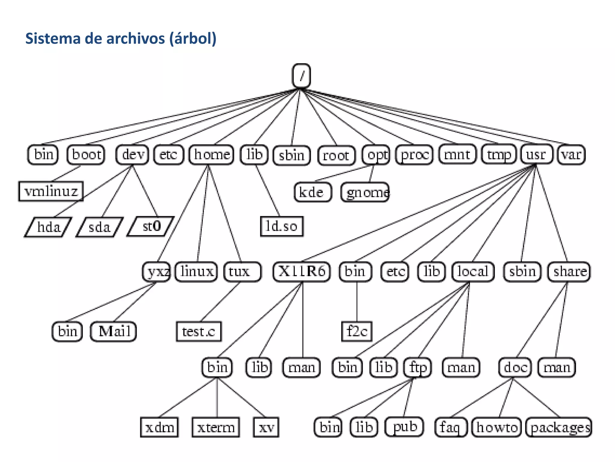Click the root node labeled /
pos(301,76)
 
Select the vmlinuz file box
pos(51,191)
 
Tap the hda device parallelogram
pos(48,227)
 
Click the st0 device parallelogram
pos(151,226)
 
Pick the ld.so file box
pos(282,226)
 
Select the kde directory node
pos(312,192)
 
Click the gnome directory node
pos(365,192)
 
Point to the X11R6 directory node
pos(301,271)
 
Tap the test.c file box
pos(199,331)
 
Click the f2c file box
pos(357,331)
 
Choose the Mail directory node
pos(114,331)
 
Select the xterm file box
pos(216,427)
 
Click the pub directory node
pos(404,427)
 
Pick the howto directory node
pos(497,427)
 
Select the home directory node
pos(211,155)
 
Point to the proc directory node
pos(414,155)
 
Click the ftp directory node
pos(418,367)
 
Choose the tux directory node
pos(242,271)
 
